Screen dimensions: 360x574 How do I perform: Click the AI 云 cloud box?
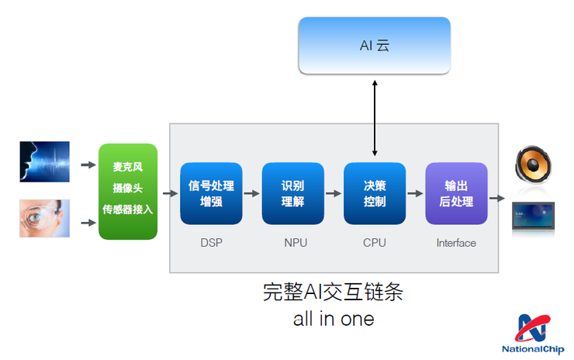(375, 45)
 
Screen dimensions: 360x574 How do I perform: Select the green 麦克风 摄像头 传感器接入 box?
(128, 191)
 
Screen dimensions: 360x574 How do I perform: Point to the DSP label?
(211, 243)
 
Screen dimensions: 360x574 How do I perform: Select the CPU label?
(375, 243)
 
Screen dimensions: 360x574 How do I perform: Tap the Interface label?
(456, 243)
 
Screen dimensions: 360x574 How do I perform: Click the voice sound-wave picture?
(45, 161)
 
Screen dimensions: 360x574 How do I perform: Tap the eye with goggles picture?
(45, 218)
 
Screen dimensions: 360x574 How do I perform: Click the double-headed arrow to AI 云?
(375, 117)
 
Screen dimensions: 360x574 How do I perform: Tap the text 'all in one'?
(334, 318)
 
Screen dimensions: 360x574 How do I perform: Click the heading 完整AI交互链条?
(334, 292)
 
